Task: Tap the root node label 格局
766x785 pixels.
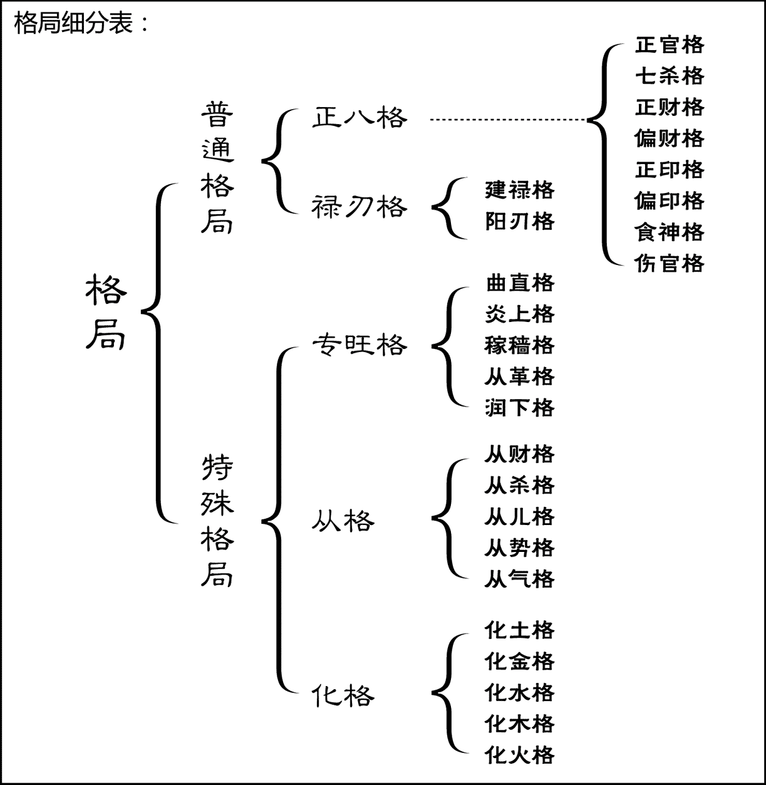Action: click(x=106, y=312)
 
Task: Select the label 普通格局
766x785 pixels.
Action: click(x=217, y=167)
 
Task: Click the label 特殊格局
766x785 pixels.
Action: click(x=217, y=521)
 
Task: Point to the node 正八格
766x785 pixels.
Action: click(x=360, y=118)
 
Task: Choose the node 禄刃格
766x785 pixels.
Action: click(x=360, y=207)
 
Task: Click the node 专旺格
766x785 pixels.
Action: click(x=360, y=345)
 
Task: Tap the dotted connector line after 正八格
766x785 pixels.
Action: click(x=508, y=120)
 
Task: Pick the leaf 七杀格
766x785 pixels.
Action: click(x=670, y=75)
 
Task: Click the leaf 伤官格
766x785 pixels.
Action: click(x=670, y=263)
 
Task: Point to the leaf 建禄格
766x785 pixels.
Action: click(x=520, y=190)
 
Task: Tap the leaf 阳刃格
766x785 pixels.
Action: click(x=520, y=221)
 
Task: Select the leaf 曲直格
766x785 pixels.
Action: click(x=520, y=283)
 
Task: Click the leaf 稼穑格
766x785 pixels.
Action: click(x=520, y=345)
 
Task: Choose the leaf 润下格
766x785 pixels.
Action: click(x=520, y=407)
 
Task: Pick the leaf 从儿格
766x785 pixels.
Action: click(x=520, y=516)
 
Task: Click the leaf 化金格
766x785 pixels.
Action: click(x=520, y=661)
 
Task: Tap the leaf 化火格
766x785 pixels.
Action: click(x=520, y=755)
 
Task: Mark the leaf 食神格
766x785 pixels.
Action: click(x=670, y=232)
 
